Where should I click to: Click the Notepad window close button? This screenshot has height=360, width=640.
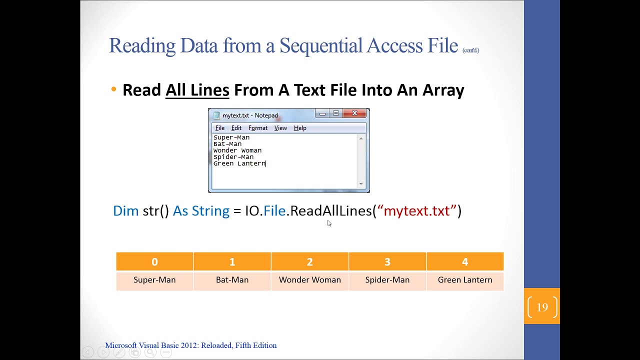tap(354, 113)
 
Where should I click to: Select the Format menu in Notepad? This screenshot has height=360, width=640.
tap(257, 128)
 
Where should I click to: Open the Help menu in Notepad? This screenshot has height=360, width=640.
tap(300, 128)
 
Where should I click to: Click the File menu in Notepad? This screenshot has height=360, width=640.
tap(220, 128)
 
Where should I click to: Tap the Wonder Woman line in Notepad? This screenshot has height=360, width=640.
tap(237, 150)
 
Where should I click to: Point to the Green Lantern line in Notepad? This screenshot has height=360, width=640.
tap(239, 163)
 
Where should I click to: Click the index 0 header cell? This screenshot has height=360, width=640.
tap(154, 261)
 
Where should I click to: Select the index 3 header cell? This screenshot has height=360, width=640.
tap(387, 261)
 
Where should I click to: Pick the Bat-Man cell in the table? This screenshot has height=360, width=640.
tap(232, 280)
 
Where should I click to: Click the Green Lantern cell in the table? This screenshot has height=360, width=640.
tap(465, 280)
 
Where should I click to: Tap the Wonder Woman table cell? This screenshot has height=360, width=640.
tap(310, 280)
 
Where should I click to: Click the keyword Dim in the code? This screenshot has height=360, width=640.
tap(125, 211)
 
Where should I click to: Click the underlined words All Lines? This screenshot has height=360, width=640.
tap(197, 90)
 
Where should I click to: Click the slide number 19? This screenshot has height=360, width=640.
tap(542, 307)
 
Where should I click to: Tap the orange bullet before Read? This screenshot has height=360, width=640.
tap(114, 90)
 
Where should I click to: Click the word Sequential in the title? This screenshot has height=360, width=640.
tap(320, 45)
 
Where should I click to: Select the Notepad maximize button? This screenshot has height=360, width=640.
tap(336, 113)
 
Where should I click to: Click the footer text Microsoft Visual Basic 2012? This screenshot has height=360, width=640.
tap(190, 345)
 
